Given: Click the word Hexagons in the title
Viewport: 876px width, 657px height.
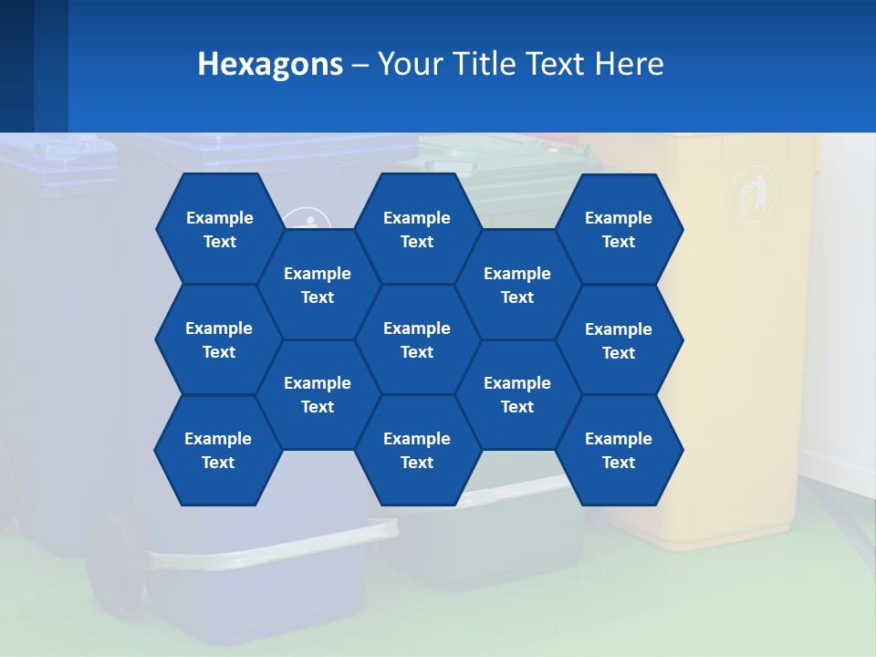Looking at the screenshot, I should coord(270,64).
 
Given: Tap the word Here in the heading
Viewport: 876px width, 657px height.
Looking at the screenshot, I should coord(629,64).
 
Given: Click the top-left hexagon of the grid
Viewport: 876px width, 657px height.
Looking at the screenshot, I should coord(219,229).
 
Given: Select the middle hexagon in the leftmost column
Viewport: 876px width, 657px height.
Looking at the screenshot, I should coord(219,339).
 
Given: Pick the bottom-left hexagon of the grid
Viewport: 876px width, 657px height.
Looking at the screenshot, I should coord(218,450).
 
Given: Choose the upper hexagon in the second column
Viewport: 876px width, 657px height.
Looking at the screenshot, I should coord(318,285).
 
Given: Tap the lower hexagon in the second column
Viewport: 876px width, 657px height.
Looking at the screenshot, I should coord(318,394).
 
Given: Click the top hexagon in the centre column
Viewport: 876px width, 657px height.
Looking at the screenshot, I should coord(417,229).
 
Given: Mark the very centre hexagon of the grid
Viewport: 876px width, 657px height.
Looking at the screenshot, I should coord(417,339).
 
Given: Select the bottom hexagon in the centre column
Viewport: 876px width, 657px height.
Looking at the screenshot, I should coord(417,450).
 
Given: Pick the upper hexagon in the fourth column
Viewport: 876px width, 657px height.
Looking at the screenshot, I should coord(517,285).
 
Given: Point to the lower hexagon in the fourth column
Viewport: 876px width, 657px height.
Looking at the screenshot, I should coord(517,394).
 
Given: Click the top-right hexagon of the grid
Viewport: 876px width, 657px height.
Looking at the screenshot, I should coord(619,229).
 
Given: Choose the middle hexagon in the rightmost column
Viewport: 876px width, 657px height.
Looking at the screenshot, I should coord(619,340).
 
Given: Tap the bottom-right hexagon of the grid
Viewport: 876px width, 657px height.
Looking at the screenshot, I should coord(619,450).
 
